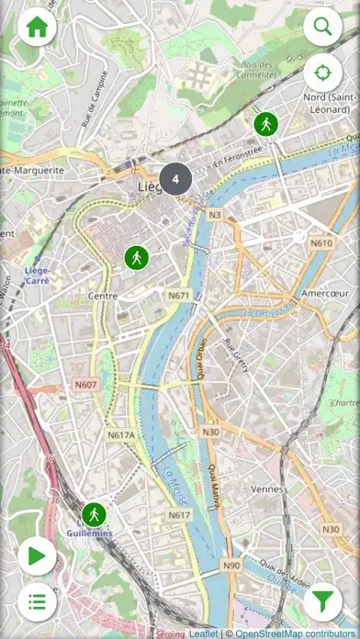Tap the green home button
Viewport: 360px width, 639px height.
(x=37, y=28)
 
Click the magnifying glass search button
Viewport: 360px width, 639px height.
(x=322, y=27)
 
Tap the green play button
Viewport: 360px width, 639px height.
(x=37, y=555)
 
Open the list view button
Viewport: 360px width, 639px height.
(x=37, y=602)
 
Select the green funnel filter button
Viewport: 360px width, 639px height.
(x=322, y=602)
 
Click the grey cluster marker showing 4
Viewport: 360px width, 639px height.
(x=175, y=179)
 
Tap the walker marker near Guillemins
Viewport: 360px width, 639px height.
(x=94, y=514)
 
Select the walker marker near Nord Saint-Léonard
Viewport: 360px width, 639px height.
(x=266, y=123)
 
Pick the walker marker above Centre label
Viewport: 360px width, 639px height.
(x=136, y=258)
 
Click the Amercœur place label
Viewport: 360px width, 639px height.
(x=321, y=294)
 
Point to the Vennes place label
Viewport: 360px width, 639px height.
(x=267, y=489)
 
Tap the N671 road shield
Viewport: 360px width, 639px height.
(x=179, y=296)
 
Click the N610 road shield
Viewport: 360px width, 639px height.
(x=321, y=243)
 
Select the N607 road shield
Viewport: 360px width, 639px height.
(x=85, y=385)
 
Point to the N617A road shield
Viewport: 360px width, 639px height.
(x=120, y=434)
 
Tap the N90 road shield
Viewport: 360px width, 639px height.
(x=231, y=566)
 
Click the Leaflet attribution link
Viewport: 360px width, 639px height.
(x=203, y=633)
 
